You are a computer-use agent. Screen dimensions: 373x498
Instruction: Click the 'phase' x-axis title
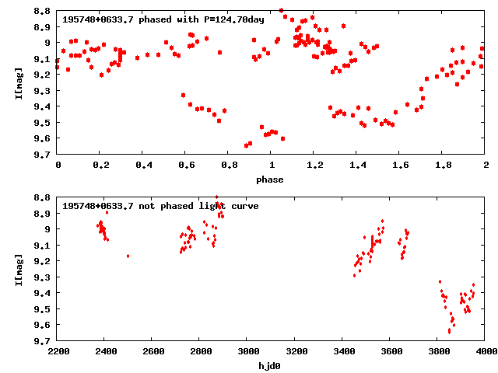(x=272, y=180)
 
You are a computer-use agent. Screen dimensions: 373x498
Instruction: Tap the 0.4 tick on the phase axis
(x=143, y=166)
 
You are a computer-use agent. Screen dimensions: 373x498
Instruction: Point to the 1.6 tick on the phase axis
(x=400, y=166)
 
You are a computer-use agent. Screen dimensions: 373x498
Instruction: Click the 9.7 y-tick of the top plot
(x=44, y=155)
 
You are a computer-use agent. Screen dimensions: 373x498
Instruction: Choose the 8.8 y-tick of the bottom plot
(x=44, y=197)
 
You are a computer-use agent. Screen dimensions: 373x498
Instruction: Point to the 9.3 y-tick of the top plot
(x=44, y=91)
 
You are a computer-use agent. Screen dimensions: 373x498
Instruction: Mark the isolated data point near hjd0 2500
(x=128, y=256)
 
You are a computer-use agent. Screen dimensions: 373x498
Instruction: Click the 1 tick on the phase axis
(x=272, y=166)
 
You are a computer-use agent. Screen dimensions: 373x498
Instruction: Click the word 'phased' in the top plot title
(x=148, y=19)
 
